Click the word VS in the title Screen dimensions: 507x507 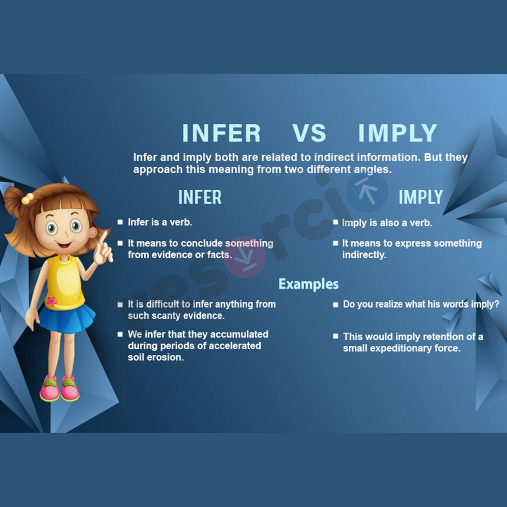coord(309,133)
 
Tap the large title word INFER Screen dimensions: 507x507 coord(221,133)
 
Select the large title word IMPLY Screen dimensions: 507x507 coord(397,133)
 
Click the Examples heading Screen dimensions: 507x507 coord(308,284)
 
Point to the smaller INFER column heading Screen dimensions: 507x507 coord(200,197)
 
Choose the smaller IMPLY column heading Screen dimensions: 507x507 coord(421,197)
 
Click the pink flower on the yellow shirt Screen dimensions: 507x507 coord(52,301)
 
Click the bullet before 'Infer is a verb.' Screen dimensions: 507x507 coord(120,222)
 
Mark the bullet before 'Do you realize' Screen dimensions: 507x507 coord(335,304)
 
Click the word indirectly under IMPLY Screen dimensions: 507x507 coord(364,255)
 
